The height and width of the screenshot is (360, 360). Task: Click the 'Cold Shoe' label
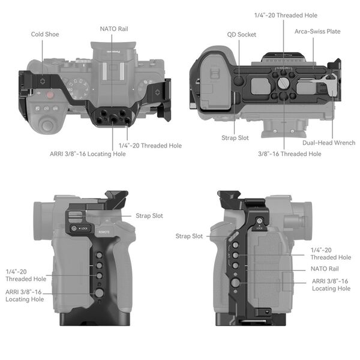[45, 34]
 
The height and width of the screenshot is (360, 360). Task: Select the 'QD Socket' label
[242, 35]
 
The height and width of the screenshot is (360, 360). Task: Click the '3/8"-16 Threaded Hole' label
[289, 154]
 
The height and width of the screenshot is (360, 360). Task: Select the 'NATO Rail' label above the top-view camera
[113, 28]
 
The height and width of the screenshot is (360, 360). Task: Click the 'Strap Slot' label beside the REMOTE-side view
[149, 215]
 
